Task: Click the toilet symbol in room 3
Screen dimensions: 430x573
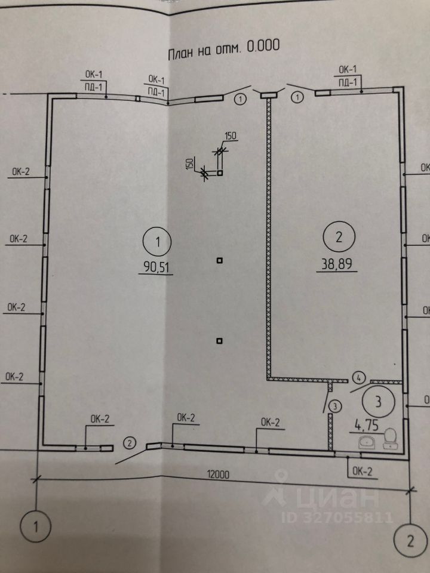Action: click(x=391, y=438)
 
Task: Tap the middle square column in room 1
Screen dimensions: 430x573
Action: click(x=220, y=260)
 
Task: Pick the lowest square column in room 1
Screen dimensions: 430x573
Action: click(x=220, y=341)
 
